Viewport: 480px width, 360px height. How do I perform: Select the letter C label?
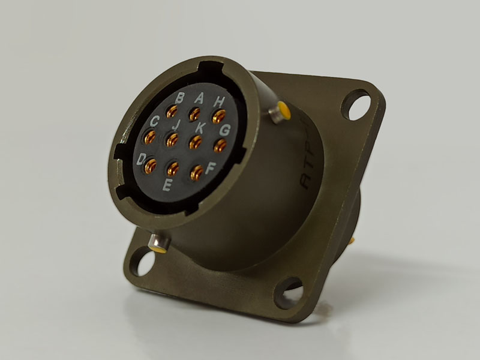coord(154,120)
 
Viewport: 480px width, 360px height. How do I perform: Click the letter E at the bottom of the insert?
coord(167,185)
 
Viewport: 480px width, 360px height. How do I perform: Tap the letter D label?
coord(142,159)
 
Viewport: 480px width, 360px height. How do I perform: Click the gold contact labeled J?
coord(173,140)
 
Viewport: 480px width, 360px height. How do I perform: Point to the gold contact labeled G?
coord(220,145)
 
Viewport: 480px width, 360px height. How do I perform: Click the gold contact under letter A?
coord(194,113)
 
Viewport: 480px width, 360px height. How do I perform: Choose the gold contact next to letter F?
coord(196,173)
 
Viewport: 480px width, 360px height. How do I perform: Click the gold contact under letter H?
coord(217,116)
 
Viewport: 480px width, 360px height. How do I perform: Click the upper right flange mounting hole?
coord(356,103)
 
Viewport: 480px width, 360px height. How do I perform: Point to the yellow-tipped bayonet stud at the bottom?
coord(157,243)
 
